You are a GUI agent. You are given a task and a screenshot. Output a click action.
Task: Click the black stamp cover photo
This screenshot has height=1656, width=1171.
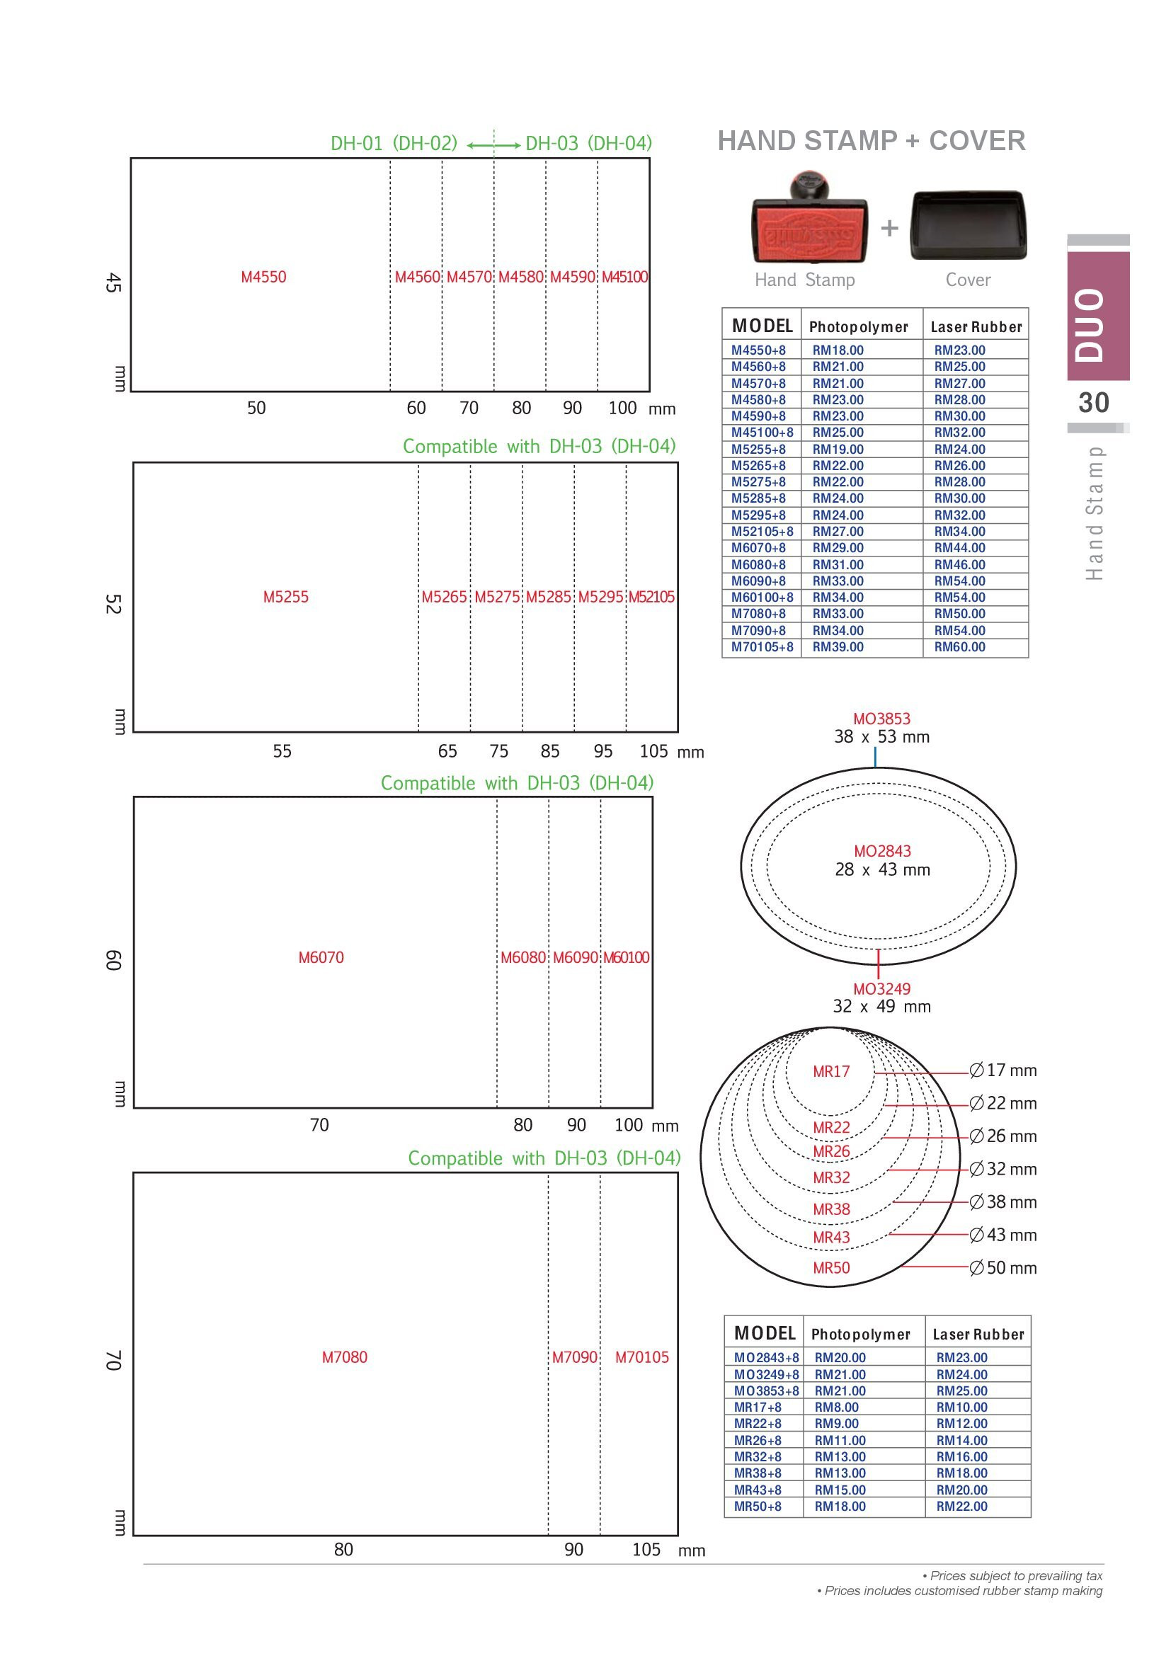click(969, 225)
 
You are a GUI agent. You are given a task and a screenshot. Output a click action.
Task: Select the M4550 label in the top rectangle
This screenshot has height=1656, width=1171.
click(263, 277)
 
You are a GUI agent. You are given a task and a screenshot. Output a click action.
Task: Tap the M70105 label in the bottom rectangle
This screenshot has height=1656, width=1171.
click(641, 1357)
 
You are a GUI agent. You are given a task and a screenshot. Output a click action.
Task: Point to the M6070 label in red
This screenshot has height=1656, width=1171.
click(321, 958)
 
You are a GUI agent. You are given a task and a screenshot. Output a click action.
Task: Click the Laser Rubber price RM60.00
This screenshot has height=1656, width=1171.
click(960, 647)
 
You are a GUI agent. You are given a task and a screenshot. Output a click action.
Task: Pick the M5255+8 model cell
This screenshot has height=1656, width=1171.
click(758, 450)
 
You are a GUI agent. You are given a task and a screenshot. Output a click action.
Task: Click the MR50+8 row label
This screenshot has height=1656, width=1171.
click(757, 1506)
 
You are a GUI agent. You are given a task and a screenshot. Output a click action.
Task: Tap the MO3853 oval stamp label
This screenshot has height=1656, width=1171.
click(881, 719)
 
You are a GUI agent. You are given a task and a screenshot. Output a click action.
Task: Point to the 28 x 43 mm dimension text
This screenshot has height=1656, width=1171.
click(883, 870)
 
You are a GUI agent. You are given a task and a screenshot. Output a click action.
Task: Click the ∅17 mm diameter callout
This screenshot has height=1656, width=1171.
click(1003, 1070)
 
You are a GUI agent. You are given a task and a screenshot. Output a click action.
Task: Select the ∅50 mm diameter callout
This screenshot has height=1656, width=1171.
click(1003, 1268)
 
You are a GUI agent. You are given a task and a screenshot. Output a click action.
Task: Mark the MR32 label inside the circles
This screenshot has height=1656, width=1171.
click(831, 1178)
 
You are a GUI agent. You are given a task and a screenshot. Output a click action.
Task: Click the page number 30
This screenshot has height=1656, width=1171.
click(1094, 403)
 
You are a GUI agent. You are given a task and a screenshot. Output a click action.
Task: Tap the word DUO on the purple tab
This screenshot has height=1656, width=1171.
click(1090, 325)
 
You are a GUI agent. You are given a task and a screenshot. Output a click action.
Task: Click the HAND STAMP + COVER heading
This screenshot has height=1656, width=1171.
click(872, 141)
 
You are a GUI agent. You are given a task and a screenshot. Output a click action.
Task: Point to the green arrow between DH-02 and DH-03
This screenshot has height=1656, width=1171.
click(493, 146)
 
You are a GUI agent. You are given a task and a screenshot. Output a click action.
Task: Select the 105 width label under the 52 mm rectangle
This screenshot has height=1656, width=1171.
click(653, 752)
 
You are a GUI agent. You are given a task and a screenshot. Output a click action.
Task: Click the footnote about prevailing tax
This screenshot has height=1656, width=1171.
click(1012, 1576)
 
